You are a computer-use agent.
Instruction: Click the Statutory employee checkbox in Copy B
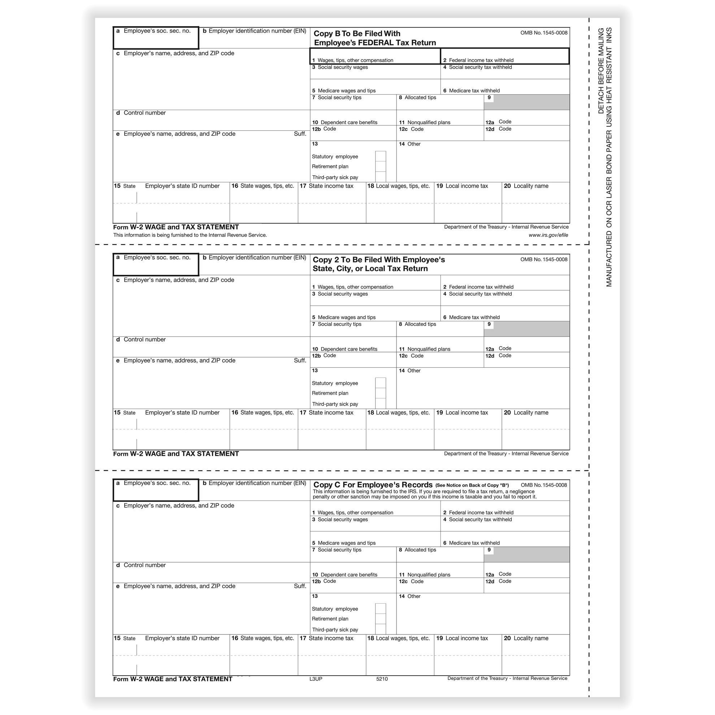(380, 156)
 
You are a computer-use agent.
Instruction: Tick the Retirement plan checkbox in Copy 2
(380, 393)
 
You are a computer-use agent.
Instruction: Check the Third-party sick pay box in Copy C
(380, 629)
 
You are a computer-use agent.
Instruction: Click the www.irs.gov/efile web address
(548, 235)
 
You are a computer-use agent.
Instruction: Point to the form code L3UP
(316, 679)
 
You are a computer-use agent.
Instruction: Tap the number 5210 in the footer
(382, 679)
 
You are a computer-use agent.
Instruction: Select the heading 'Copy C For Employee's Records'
(373, 485)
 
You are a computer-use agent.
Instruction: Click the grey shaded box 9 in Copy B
(526, 102)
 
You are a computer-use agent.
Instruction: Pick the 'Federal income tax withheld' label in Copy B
(481, 60)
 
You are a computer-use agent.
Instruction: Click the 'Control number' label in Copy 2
(144, 339)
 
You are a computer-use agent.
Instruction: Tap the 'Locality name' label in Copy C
(531, 638)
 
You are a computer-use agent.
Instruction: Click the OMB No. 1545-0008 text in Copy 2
(543, 259)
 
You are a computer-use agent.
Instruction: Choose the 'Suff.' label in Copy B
(300, 134)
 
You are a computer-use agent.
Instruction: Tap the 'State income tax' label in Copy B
(330, 186)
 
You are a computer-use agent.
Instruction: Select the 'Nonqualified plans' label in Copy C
(429, 575)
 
